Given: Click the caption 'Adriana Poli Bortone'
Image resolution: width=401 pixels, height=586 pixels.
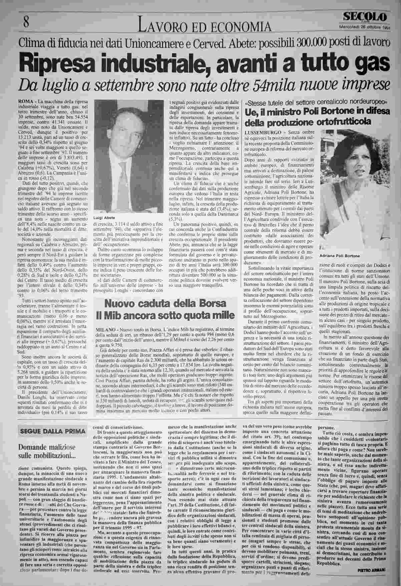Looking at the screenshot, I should tap(339, 256).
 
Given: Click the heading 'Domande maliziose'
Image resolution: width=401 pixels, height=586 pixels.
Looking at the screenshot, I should tap(47, 447).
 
